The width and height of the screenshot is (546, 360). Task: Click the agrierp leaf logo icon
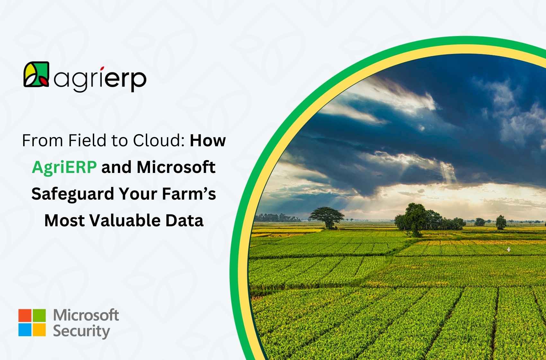(x=36, y=74)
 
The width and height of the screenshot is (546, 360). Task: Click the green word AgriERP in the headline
(x=64, y=168)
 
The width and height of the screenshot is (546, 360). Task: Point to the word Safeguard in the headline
(x=73, y=194)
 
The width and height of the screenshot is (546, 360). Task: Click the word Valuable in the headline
(x=125, y=221)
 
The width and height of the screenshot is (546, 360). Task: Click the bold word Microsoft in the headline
(x=176, y=167)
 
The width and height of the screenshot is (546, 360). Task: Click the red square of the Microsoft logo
(x=25, y=315)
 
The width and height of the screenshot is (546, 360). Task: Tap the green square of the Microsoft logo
(x=39, y=315)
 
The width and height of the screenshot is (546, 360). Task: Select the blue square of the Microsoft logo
(x=25, y=330)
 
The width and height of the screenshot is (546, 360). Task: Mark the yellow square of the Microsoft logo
(x=39, y=330)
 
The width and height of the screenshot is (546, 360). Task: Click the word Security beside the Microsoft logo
(x=81, y=332)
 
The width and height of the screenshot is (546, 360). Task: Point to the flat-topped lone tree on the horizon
(x=327, y=217)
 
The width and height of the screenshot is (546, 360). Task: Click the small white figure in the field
(x=508, y=249)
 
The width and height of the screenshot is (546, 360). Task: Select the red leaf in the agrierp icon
(x=44, y=81)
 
